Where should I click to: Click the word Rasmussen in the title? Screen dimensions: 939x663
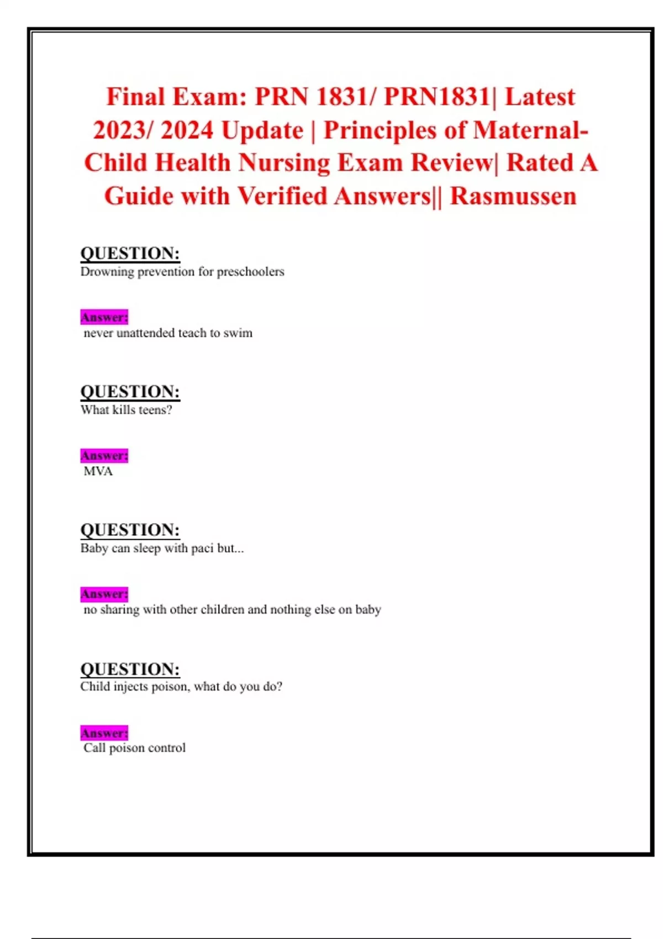[513, 196]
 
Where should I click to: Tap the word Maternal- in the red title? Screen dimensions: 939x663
[530, 130]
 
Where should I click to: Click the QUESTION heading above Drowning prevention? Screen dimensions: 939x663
[130, 254]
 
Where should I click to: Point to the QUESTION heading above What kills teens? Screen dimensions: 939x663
[130, 392]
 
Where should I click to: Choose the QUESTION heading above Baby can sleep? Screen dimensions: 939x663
[130, 530]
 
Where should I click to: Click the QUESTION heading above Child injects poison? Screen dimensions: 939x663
[130, 669]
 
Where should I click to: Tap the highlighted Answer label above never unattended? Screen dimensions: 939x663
[104, 317]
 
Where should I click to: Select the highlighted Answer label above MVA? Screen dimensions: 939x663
[104, 456]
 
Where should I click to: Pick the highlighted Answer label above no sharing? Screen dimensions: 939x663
[104, 594]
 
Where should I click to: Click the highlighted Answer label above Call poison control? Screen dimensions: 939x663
[104, 733]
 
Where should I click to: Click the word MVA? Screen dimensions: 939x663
[98, 471]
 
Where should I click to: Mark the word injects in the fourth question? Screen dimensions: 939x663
[130, 687]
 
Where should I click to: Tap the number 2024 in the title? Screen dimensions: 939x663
[187, 130]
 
